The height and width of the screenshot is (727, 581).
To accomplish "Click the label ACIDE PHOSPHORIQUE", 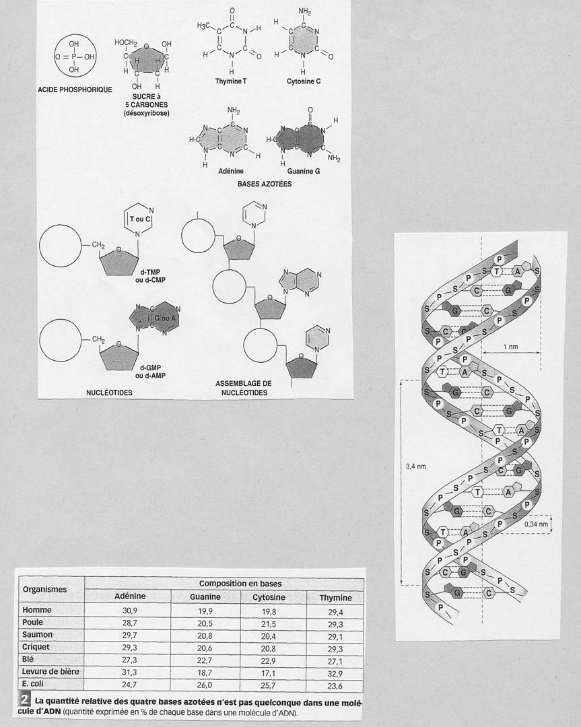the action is click(75, 90).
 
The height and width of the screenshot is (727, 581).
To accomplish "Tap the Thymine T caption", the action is click(231, 81).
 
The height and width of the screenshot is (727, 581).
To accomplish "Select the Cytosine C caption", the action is click(304, 81).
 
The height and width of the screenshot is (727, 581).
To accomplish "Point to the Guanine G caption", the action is click(304, 171).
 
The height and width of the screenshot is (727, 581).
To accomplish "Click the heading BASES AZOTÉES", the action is click(265, 184).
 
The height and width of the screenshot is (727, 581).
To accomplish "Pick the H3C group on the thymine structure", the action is click(203, 26).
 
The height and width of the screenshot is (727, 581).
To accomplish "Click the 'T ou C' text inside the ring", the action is click(140, 219).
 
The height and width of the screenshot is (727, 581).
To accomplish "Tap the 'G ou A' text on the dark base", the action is click(165, 318).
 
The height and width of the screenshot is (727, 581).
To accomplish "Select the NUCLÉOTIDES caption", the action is click(110, 392).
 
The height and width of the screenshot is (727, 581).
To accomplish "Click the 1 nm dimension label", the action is click(510, 347).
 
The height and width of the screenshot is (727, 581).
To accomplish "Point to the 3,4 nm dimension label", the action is click(416, 466).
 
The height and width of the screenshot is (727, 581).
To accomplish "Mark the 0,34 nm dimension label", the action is click(536, 524).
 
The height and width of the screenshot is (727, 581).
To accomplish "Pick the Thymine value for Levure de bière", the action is click(335, 674).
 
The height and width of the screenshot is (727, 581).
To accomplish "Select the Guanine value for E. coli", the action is click(205, 685).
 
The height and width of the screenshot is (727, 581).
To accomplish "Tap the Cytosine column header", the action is click(269, 597).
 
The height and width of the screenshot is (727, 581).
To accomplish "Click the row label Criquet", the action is click(36, 647).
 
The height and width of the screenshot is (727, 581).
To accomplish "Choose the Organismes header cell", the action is click(44, 589).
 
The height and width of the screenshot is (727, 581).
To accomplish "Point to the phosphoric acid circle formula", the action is click(75, 57).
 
